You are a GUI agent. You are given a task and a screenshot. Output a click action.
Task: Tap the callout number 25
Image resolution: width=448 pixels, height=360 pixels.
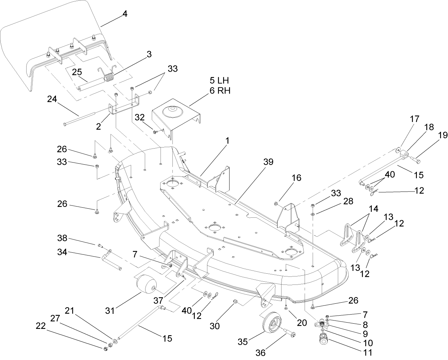click(x=77, y=72)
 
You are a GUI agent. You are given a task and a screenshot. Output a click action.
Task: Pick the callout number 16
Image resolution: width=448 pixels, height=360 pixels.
click(x=296, y=178)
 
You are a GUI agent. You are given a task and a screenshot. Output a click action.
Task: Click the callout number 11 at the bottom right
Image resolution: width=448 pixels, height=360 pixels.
click(x=368, y=352)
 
